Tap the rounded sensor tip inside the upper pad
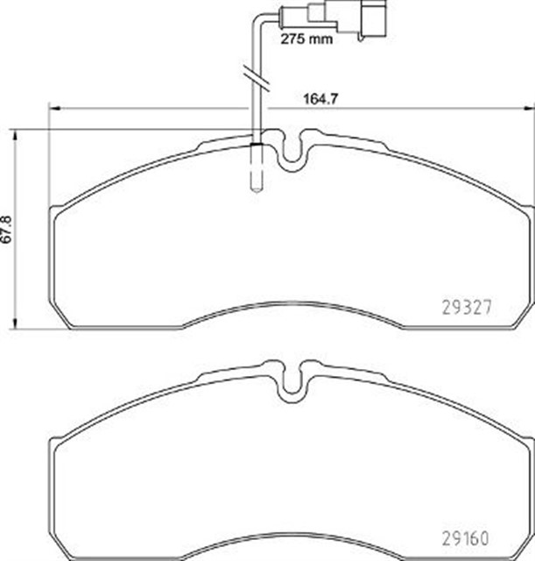tap(257, 185)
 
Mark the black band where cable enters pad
tap(257, 141)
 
